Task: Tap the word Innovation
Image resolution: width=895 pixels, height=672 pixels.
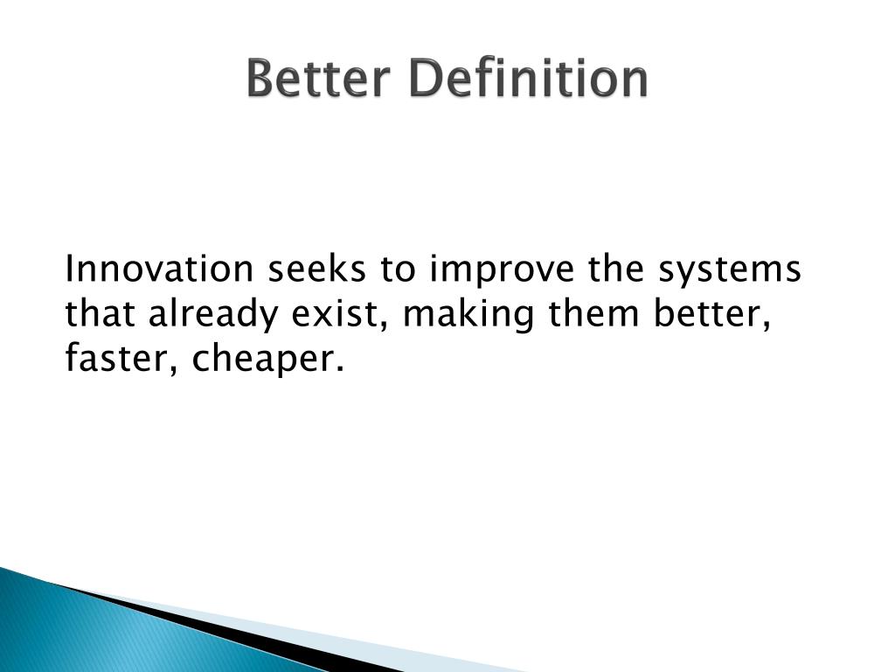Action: [x=159, y=269]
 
